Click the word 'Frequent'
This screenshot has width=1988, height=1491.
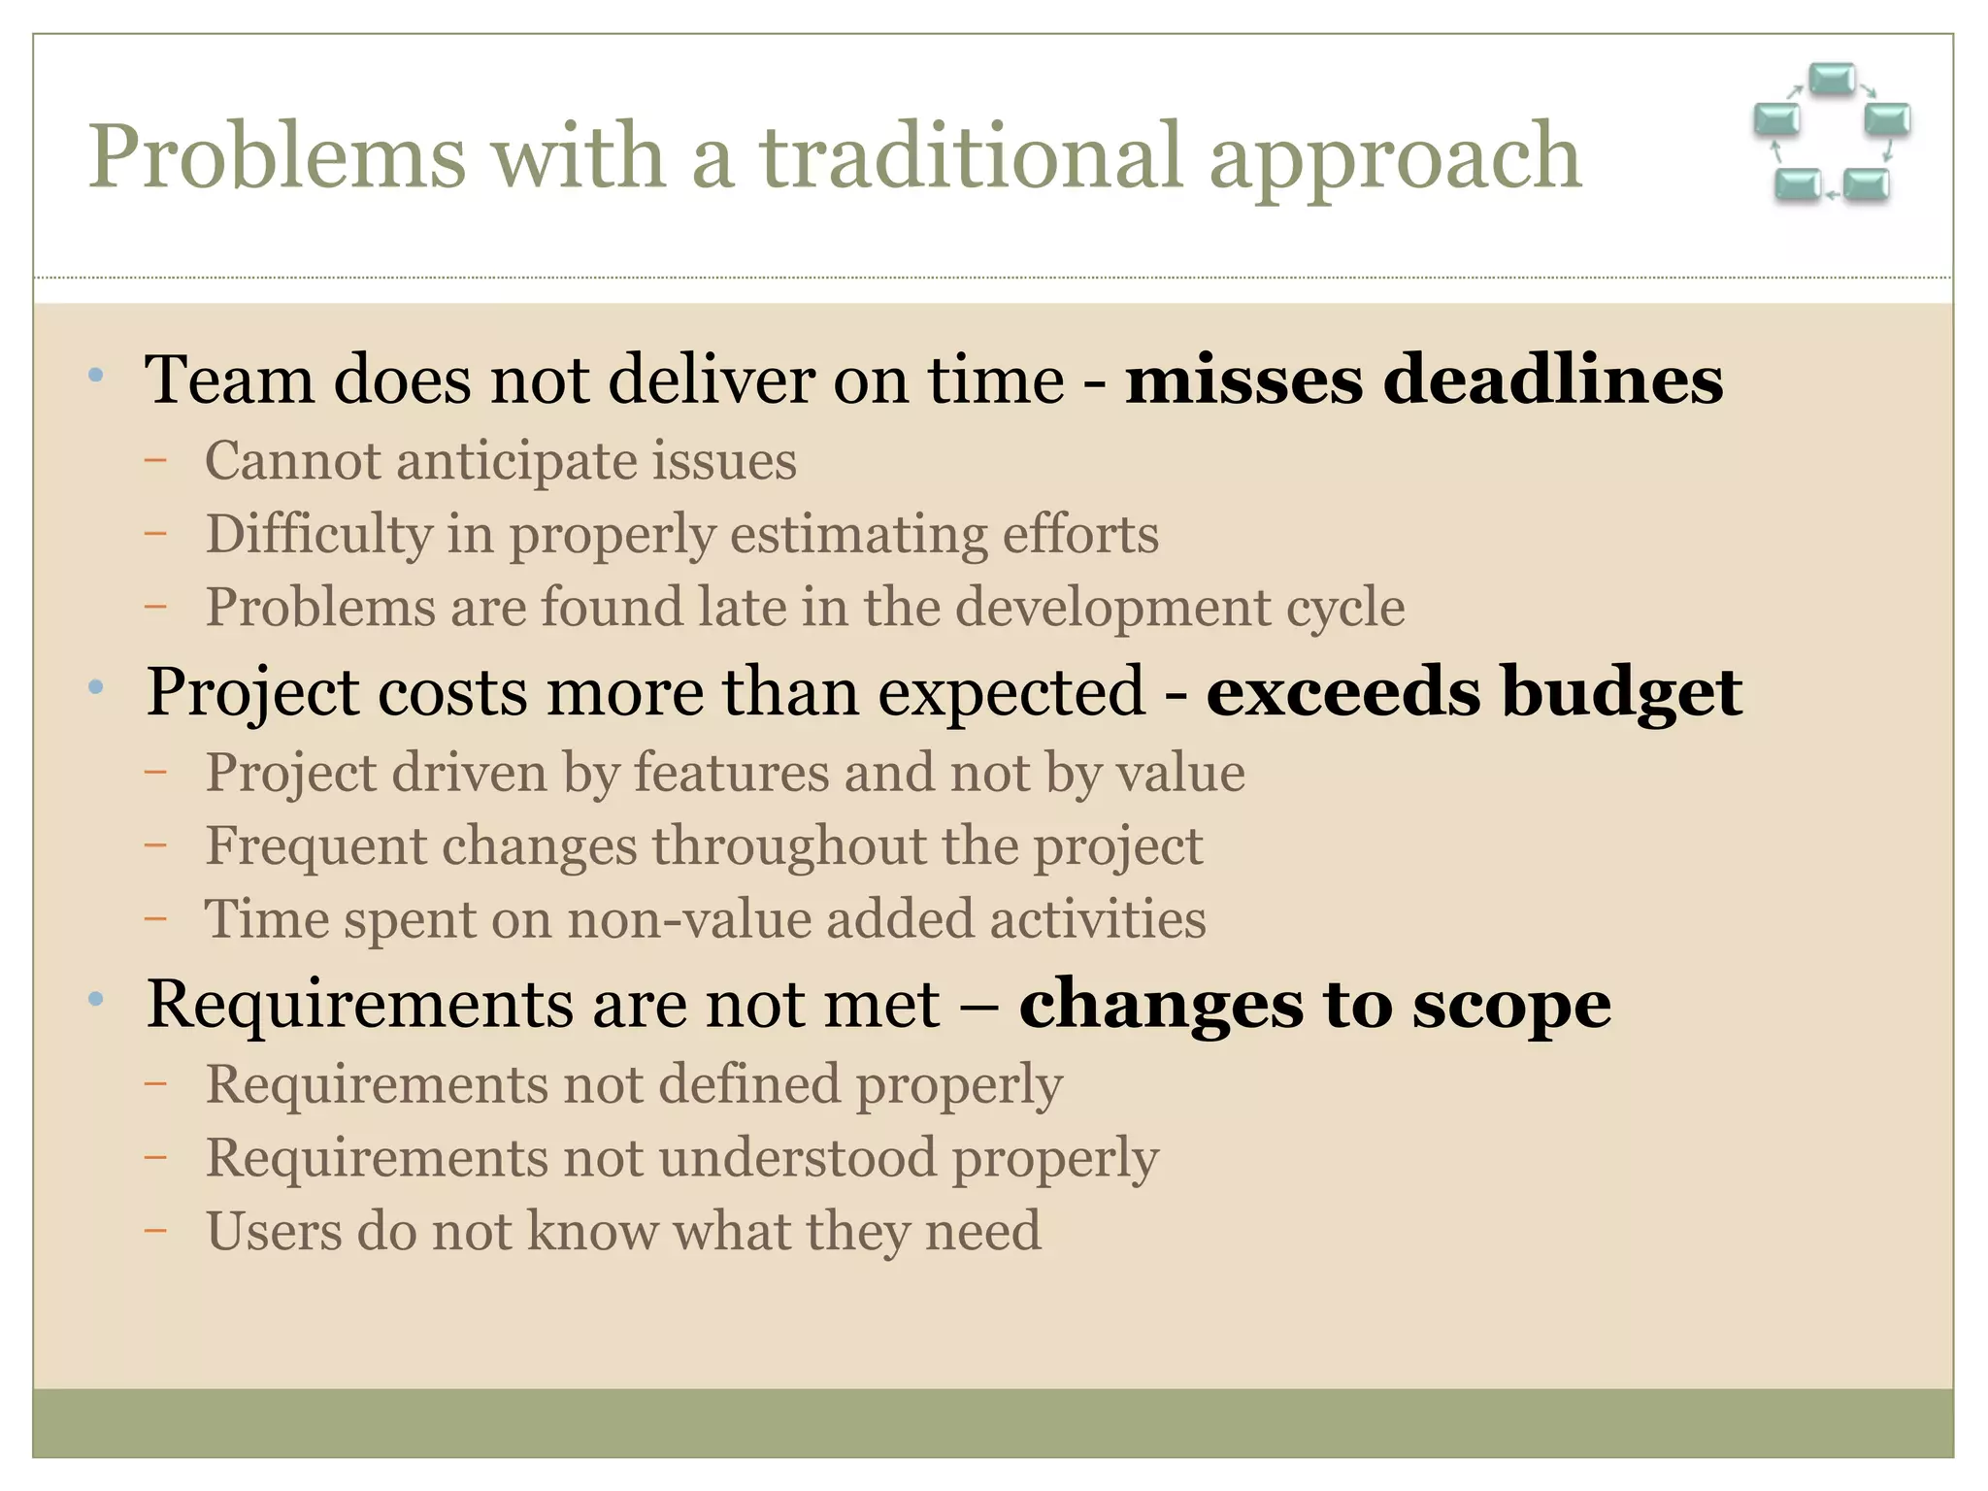pyautogui.click(x=315, y=845)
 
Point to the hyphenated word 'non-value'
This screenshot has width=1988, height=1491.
pyautogui.click(x=688, y=919)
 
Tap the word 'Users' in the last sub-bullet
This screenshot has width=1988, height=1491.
pyautogui.click(x=273, y=1231)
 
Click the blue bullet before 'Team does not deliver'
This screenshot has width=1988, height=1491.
pyautogui.click(x=95, y=375)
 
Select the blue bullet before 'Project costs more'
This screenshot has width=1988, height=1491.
pyautogui.click(x=95, y=687)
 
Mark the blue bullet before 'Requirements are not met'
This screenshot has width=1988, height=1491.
pyautogui.click(x=95, y=999)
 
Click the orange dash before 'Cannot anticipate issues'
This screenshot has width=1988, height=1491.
pyautogui.click(x=155, y=461)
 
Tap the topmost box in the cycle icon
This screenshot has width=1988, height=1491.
pyautogui.click(x=1832, y=79)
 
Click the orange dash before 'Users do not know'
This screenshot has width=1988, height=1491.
pyautogui.click(x=155, y=1232)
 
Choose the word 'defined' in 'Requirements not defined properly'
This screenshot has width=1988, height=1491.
pyautogui.click(x=748, y=1084)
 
